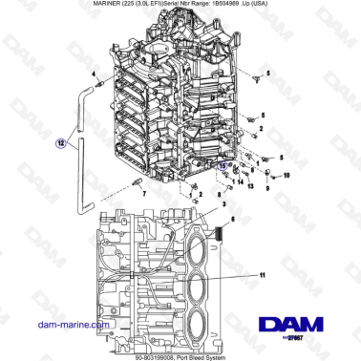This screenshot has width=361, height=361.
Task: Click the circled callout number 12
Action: [x=61, y=144]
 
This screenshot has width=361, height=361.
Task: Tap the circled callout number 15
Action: [x=223, y=165]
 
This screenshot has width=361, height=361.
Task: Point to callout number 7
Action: [x=145, y=192]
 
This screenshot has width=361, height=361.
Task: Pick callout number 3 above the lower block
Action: [x=223, y=204]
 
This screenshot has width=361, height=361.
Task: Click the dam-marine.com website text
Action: [x=59, y=325]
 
